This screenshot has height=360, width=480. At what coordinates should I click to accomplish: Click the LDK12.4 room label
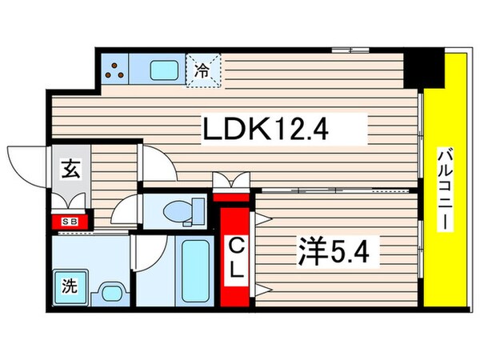click(267, 126)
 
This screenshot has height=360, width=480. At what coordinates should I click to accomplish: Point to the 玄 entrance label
click(70, 170)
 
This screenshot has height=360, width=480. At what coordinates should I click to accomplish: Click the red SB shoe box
click(70, 222)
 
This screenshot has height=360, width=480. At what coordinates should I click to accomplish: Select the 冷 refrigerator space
click(203, 70)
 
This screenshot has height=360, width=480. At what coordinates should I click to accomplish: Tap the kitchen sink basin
click(164, 70)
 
